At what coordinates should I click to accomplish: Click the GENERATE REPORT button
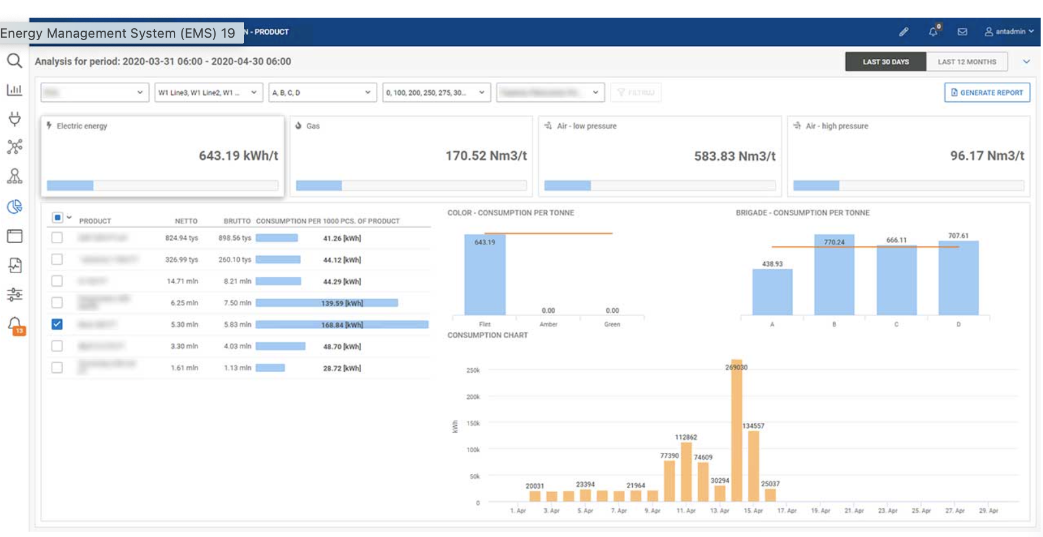tap(987, 92)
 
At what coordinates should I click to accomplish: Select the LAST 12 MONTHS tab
tap(966, 62)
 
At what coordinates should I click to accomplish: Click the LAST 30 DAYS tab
tap(885, 62)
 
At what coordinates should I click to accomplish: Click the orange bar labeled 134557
tap(753, 468)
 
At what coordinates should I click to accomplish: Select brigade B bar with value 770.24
tap(834, 277)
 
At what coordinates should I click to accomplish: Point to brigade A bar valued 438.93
tap(772, 293)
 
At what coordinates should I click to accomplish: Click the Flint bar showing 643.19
tap(484, 277)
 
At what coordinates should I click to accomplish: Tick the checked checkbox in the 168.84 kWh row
tap(57, 324)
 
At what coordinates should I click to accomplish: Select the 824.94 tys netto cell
tap(181, 238)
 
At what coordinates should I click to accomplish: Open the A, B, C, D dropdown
tap(322, 92)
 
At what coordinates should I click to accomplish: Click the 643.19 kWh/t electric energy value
tap(238, 156)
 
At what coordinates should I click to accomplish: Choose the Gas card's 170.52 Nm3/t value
tap(486, 156)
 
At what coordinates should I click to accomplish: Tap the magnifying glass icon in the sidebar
tap(14, 61)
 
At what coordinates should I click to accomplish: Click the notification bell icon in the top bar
tap(933, 32)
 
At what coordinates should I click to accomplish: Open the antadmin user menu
tap(1009, 32)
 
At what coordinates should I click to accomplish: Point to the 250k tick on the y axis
tap(473, 370)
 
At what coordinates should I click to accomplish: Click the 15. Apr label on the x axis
tap(753, 511)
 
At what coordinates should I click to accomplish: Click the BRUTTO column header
tap(237, 221)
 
